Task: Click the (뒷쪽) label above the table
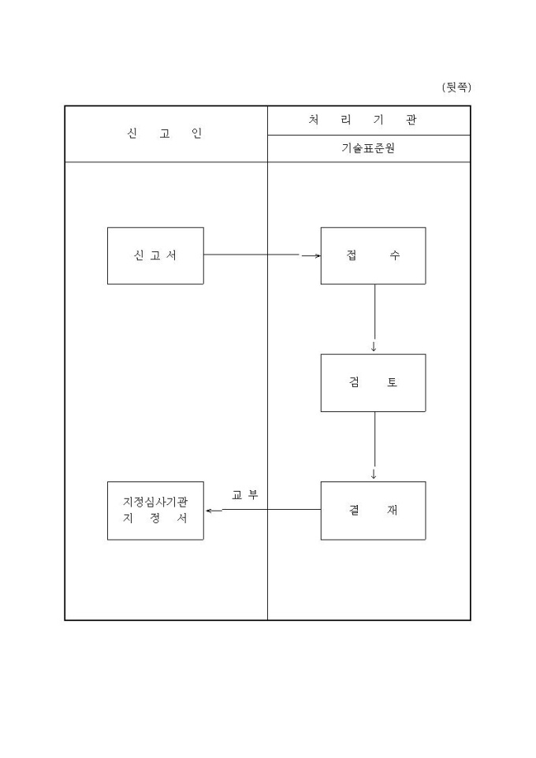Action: point(456,87)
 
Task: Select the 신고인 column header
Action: point(165,133)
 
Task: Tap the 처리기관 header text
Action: point(363,121)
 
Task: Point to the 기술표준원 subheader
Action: point(368,148)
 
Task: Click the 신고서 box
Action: point(155,255)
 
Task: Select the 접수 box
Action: point(373,255)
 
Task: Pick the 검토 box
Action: point(373,383)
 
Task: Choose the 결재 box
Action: point(373,511)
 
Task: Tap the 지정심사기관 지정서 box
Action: point(155,511)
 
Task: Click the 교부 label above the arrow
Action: point(244,495)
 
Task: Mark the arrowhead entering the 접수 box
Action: point(317,255)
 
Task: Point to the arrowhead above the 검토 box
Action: point(374,347)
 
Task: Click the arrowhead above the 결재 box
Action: point(374,474)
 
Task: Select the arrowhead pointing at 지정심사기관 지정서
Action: point(209,511)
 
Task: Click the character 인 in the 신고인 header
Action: point(197,133)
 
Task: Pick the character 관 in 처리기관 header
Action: point(411,121)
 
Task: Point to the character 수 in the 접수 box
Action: point(394,255)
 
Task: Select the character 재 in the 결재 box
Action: point(393,511)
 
